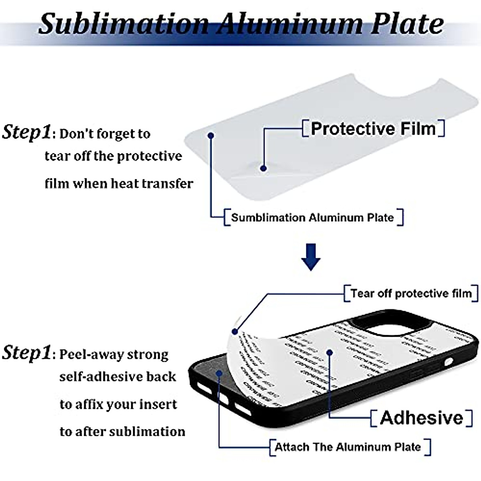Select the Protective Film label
(373, 129)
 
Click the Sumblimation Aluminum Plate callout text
(313, 218)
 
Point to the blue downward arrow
(311, 257)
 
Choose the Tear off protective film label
(411, 293)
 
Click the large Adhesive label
(421, 418)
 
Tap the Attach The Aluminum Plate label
(348, 447)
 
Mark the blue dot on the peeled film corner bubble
(263, 168)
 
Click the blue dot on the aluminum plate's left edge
(211, 136)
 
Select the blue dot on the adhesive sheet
(329, 353)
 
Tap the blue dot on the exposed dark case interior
(219, 373)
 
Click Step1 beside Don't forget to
(26, 132)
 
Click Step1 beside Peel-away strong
(26, 353)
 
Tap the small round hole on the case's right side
(448, 362)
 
